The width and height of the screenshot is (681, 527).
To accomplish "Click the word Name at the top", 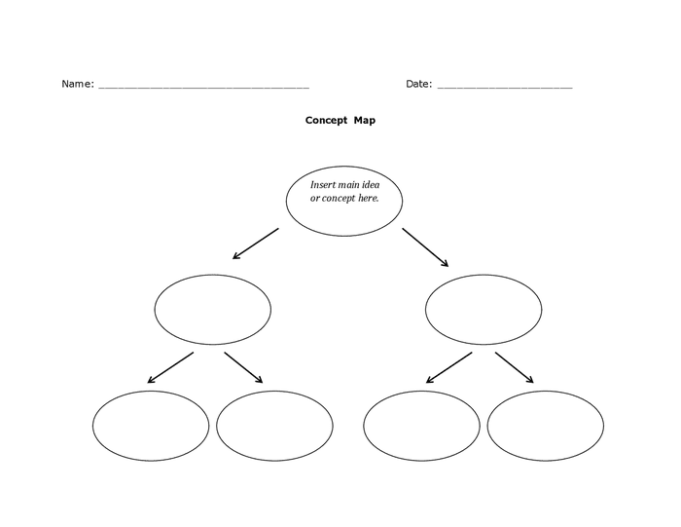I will [77, 84].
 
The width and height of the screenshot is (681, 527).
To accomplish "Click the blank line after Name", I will [203, 87].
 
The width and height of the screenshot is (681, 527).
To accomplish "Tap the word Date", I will [418, 84].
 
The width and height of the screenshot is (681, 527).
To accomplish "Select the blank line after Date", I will [504, 87].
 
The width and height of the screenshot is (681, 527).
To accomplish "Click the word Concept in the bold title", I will [326, 121].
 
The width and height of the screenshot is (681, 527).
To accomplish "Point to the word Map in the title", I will [365, 121].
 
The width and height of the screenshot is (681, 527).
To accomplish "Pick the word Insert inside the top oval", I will [323, 185].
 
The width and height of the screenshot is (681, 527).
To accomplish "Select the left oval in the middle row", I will [213, 310].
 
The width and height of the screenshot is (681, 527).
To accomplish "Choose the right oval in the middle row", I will [484, 310].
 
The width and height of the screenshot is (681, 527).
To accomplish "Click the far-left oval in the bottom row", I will [151, 426].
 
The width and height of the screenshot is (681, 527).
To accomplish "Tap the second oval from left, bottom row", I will [274, 426].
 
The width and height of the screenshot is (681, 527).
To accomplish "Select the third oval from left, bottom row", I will [421, 426].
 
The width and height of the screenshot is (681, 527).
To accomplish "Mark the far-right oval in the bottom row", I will [545, 426].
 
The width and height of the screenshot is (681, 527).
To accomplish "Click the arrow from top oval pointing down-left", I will [256, 244].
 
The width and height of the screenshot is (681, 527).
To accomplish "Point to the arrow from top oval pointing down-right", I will [425, 247].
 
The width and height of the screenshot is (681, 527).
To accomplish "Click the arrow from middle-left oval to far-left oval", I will [169, 367].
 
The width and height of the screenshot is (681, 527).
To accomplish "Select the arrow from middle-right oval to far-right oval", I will [514, 367].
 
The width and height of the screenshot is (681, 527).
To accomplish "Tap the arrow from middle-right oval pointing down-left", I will [448, 367].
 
